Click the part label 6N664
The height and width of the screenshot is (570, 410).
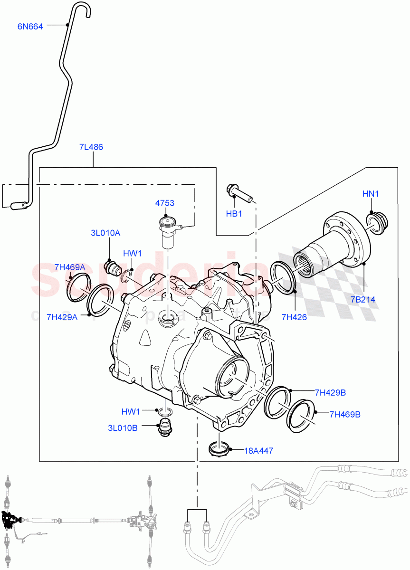pos(30,27)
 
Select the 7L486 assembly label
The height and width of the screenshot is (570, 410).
pos(91,147)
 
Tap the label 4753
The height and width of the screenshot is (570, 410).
pos(164,203)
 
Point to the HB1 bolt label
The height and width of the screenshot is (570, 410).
pos(234,214)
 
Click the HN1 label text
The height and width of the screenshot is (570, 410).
pos(371,194)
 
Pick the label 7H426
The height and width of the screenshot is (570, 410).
pos(294,317)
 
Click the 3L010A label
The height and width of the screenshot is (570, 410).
pos(105,233)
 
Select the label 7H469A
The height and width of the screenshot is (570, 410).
pos(69,267)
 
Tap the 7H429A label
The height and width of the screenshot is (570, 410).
pos(62,317)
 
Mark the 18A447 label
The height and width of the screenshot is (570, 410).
pos(258,451)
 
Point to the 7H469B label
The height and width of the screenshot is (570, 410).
pos(344,414)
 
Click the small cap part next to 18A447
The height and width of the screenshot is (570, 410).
pos(219,448)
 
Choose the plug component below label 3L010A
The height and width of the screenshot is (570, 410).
pos(113,267)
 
